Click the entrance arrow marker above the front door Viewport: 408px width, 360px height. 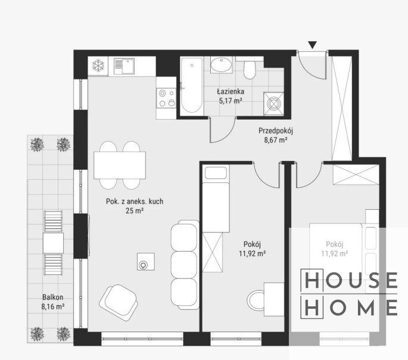[313, 45]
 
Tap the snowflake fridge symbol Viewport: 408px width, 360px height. [98, 66]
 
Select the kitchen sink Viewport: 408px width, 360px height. [124, 67]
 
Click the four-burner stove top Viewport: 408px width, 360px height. [166, 98]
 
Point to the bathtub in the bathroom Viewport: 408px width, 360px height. [192, 85]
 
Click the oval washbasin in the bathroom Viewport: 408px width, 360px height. [221, 65]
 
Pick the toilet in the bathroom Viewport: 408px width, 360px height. [250, 68]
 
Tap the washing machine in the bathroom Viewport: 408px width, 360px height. [274, 104]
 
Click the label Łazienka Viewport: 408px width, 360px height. [231, 92]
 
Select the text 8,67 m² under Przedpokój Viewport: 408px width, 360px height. [276, 140]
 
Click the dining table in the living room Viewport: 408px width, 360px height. [120, 165]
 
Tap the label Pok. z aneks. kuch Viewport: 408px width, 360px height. [135, 201]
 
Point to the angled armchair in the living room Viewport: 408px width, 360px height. [119, 299]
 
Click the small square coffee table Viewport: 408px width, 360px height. [146, 261]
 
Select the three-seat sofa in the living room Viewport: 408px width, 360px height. [185, 265]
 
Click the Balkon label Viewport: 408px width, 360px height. [53, 297]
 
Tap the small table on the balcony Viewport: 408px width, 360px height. [53, 243]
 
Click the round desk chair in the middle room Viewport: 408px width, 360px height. [256, 301]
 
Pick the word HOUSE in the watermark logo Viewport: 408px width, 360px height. [349, 280]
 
